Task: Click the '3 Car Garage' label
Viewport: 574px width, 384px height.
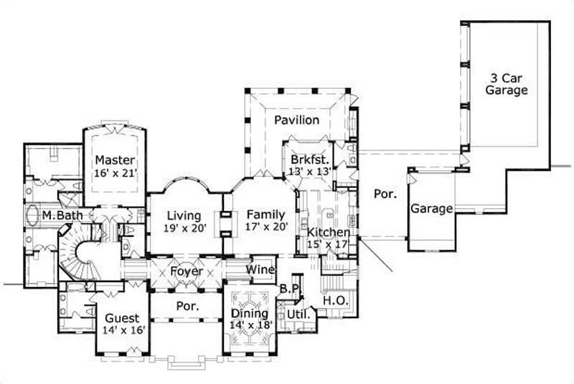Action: (x=507, y=84)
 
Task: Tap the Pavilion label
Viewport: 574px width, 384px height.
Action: (x=296, y=120)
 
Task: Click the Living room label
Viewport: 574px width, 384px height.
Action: (x=184, y=215)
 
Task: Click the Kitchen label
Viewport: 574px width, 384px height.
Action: (x=328, y=233)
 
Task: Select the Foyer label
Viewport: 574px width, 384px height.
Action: (x=186, y=272)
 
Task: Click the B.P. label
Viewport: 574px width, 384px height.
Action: (x=289, y=288)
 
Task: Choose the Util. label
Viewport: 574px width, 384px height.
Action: (x=297, y=314)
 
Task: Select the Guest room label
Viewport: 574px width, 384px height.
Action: (x=122, y=318)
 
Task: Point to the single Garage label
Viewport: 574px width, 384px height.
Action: (x=431, y=209)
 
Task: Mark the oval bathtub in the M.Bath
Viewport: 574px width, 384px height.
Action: (x=32, y=215)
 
